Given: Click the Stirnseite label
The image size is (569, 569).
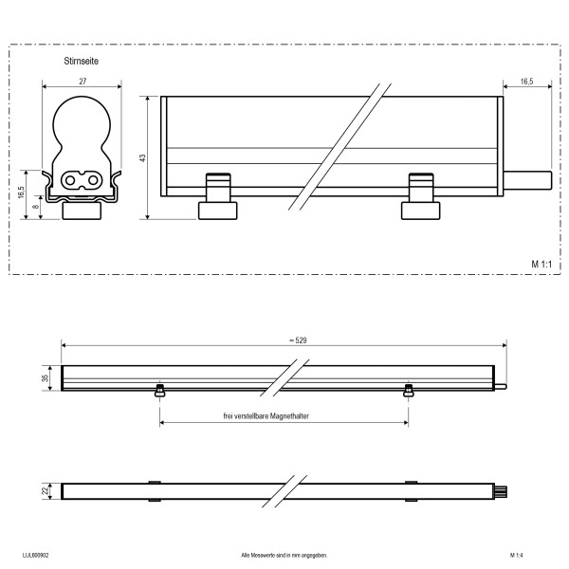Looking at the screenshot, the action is tap(81, 61).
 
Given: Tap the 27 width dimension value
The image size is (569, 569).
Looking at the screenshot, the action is tap(83, 82).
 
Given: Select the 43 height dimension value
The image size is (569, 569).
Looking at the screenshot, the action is tap(142, 158).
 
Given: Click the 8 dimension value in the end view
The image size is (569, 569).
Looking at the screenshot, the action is tap(36, 207).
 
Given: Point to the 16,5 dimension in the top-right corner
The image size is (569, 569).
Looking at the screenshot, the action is tap(526, 82).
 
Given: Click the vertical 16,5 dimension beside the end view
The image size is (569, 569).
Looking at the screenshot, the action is tap(22, 193).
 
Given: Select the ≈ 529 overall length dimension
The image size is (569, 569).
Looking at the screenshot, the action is tap(298, 340).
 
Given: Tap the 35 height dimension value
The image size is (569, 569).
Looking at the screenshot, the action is tap(45, 378).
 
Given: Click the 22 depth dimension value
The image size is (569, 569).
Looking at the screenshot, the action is tap(45, 491).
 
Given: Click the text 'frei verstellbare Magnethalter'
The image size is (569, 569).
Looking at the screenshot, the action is tap(266, 416).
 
